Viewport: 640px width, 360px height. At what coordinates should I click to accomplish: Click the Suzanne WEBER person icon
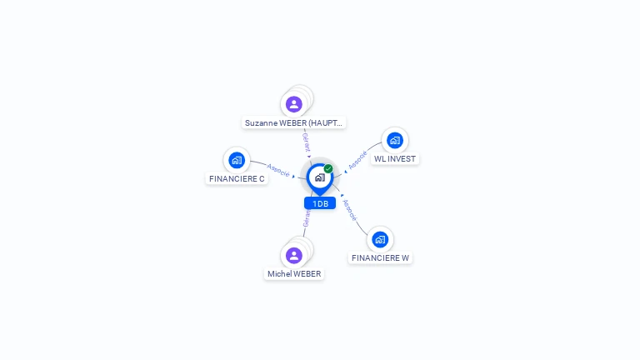293,104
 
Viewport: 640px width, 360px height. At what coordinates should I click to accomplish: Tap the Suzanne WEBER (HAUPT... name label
293,122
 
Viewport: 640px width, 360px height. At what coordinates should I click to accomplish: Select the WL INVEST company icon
395,140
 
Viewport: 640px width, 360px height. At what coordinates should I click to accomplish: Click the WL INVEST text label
395,158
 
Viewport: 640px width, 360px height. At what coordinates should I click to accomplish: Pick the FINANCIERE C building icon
237,160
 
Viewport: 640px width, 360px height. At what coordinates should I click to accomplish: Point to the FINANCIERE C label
237,178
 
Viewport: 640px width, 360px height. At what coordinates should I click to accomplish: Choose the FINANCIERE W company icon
380,239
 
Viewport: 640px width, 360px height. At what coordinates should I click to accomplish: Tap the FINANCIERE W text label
380,257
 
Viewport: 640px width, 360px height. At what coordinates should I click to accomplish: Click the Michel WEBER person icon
293,255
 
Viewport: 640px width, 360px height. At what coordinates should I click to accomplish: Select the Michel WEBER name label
294,273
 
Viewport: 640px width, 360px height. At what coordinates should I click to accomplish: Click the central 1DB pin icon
319,177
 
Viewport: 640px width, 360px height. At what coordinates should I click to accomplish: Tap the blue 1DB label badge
320,203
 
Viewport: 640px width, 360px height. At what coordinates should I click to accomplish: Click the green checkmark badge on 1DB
328,168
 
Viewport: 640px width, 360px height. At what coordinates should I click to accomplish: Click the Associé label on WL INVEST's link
357,160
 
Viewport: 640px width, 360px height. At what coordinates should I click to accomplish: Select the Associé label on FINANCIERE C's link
277,170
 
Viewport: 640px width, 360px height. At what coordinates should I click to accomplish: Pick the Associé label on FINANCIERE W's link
350,210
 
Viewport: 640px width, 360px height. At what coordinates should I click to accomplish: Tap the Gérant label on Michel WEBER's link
307,219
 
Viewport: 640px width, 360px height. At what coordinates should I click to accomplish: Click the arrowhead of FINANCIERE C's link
294,176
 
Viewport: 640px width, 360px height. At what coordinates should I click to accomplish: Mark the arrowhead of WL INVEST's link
345,172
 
